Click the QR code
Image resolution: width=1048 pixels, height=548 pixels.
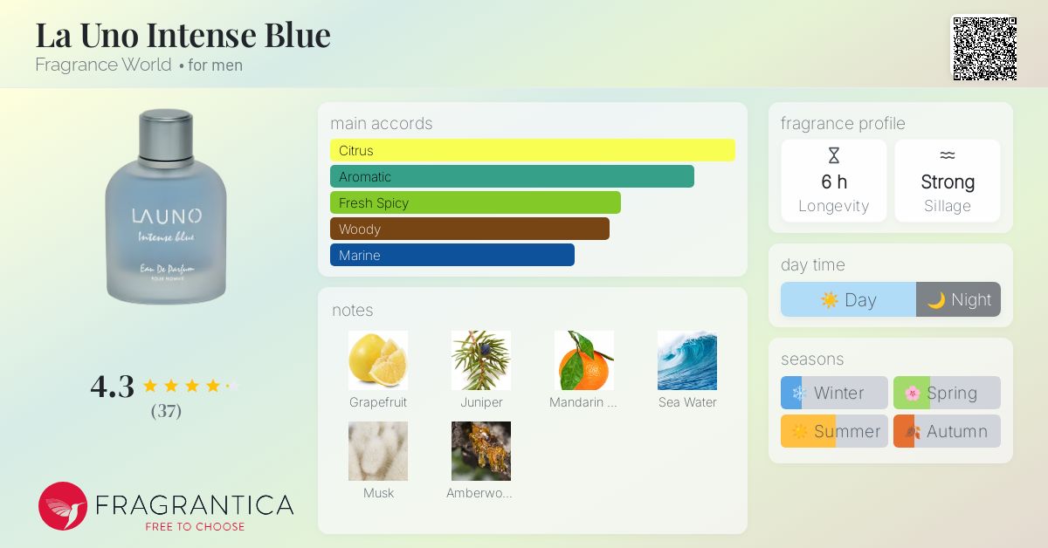pyautogui.click(x=985, y=49)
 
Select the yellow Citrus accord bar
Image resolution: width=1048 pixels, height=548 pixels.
pyautogui.click(x=533, y=150)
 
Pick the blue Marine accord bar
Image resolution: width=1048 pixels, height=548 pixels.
pyautogui.click(x=452, y=255)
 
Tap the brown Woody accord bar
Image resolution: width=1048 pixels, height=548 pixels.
pyautogui.click(x=470, y=229)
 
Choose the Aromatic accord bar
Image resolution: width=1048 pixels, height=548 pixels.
pyautogui.click(x=512, y=176)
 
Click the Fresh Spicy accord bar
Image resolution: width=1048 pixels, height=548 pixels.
pyautogui.click(x=475, y=202)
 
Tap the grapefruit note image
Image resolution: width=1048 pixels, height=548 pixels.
pyautogui.click(x=378, y=360)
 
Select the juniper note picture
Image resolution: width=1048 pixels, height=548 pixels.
pyautogui.click(x=481, y=360)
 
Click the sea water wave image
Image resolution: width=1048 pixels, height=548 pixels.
pyautogui.click(x=687, y=360)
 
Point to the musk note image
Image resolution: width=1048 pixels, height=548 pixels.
pyautogui.click(x=378, y=451)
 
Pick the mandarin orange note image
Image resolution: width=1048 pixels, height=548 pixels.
pyautogui.click(x=584, y=360)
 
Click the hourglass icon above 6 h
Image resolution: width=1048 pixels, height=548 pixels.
pyautogui.click(x=834, y=155)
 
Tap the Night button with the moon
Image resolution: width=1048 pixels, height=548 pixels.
pyautogui.click(x=958, y=299)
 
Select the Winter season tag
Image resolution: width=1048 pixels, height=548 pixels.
pyautogui.click(x=834, y=393)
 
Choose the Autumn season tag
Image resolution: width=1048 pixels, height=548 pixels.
pyautogui.click(x=947, y=431)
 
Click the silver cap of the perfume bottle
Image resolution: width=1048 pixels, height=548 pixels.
pyautogui.click(x=166, y=134)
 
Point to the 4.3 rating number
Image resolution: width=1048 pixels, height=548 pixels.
pyautogui.click(x=113, y=387)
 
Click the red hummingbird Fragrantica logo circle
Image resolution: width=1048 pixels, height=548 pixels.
pyautogui.click(x=63, y=506)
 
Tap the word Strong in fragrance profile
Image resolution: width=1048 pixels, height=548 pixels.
pyautogui.click(x=948, y=182)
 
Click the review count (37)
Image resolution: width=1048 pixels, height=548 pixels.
pyautogui.click(x=166, y=411)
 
